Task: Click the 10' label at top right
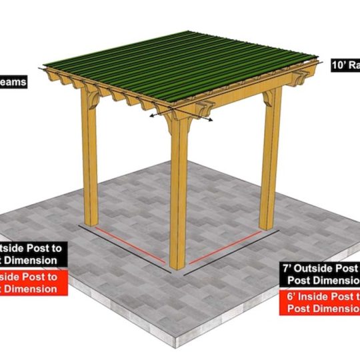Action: click(x=345, y=65)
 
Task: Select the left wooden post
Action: click(x=91, y=167)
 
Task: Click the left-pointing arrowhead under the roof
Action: click(x=151, y=115)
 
